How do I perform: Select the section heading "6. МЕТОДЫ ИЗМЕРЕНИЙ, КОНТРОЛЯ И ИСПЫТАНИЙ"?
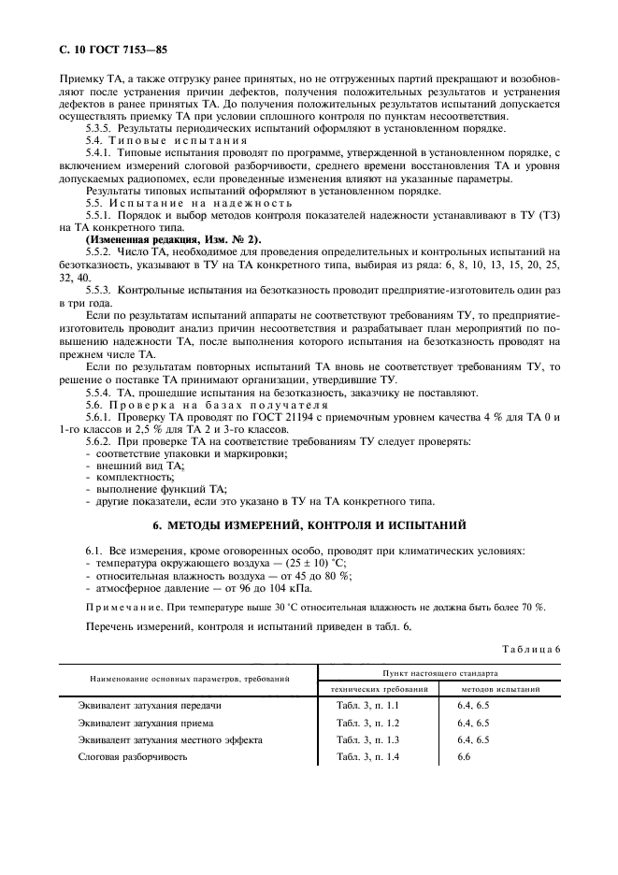click(x=309, y=524)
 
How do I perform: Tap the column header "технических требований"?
click(x=381, y=688)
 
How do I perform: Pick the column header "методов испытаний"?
click(x=501, y=688)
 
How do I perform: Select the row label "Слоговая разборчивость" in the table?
click(x=133, y=757)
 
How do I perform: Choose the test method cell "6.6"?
click(x=465, y=757)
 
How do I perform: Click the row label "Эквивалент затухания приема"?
click(x=146, y=723)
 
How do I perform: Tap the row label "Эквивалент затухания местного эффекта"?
click(x=170, y=739)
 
